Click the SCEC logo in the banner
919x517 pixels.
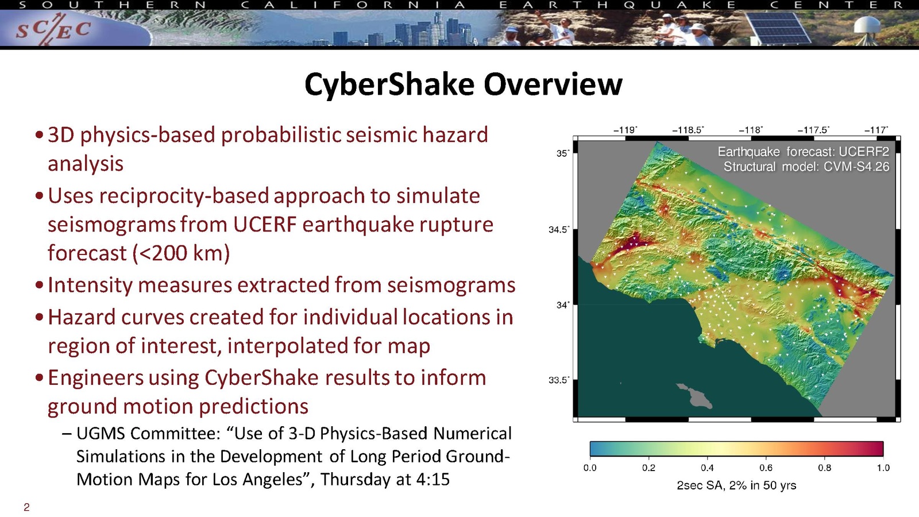pos(53,30)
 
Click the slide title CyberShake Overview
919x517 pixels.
pos(463,84)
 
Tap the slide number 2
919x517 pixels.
pos(26,507)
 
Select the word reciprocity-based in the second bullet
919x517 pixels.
pos(184,196)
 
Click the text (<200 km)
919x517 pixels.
pos(180,253)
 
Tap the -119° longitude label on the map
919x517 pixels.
pos(625,130)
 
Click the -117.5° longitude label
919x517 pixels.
pos(813,130)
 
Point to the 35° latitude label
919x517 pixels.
pos(563,153)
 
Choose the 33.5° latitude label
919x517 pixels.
pos(559,380)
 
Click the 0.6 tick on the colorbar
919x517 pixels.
pos(766,468)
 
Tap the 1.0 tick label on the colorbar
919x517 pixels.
pos(883,468)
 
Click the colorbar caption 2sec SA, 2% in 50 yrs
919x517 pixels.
pos(736,486)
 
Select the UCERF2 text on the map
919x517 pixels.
pos(864,152)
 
